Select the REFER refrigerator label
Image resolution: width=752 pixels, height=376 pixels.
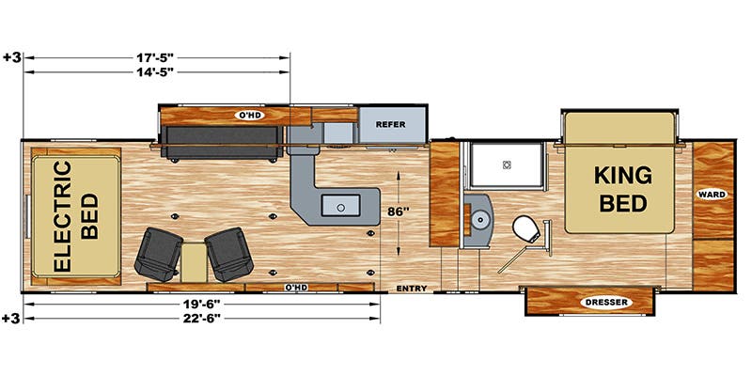[390, 124]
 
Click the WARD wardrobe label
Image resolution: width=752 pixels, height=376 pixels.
[711, 195]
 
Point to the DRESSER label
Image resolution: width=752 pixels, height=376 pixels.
[587, 303]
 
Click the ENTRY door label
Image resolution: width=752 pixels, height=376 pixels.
[412, 288]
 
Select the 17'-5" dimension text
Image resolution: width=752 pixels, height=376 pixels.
[155, 57]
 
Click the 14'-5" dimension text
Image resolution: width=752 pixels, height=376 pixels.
[155, 71]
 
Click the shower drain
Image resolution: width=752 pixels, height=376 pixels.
[506, 164]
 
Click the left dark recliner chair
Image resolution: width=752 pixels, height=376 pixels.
[157, 253]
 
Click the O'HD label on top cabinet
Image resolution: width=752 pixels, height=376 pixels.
[248, 115]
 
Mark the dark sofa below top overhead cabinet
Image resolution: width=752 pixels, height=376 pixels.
[221, 144]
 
